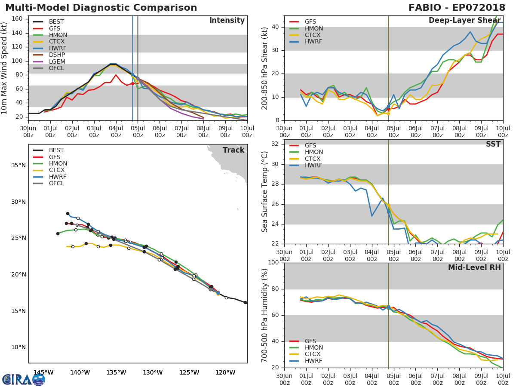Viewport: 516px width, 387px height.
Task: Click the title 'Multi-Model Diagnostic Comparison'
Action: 101,8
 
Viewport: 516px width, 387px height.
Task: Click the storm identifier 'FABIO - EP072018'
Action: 457,8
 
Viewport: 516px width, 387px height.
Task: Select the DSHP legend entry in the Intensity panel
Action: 57,55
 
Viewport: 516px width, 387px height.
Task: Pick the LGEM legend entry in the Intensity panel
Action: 57,62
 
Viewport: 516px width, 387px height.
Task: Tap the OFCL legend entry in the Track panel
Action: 56,184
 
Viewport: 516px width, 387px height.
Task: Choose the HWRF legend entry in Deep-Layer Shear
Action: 313,42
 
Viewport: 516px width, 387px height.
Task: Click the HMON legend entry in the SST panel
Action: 313,152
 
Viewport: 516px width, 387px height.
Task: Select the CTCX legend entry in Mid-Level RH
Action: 313,354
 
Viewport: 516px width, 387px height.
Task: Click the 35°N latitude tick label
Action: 18,166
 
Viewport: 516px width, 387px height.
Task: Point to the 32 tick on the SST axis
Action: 275,144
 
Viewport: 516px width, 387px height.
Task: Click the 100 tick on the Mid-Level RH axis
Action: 273,263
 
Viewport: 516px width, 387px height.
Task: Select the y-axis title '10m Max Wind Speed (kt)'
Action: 5,68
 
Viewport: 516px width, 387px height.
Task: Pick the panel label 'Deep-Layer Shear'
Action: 464,21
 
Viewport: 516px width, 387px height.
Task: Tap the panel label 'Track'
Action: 233,150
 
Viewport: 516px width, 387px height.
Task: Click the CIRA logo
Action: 23,379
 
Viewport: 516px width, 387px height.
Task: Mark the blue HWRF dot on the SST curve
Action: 388,212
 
